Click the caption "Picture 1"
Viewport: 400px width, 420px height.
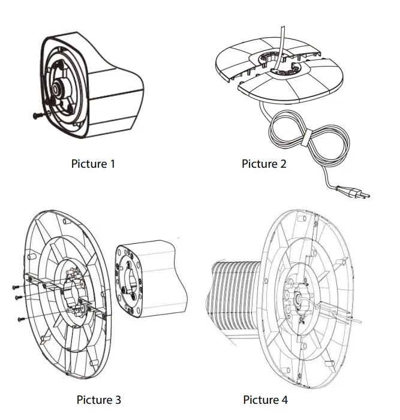pos(93,163)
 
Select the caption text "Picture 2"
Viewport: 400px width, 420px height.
pos(264,163)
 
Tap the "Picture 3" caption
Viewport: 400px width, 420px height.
pos(98,399)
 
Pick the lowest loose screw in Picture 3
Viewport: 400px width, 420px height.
pos(20,318)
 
